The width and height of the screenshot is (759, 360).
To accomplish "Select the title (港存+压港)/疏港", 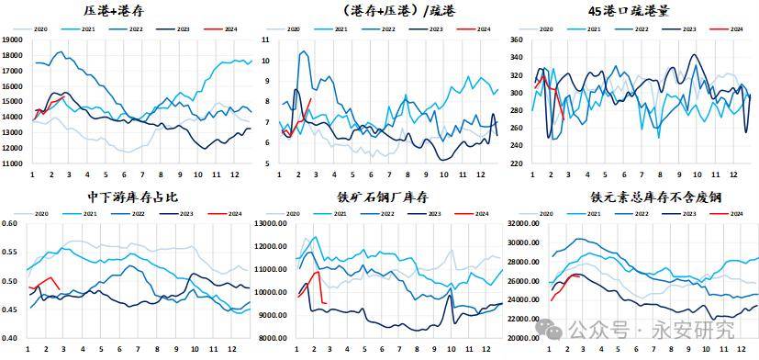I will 377,11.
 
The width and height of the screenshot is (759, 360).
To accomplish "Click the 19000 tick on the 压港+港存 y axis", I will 13,40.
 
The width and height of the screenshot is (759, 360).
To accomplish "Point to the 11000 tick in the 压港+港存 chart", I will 13,163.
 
